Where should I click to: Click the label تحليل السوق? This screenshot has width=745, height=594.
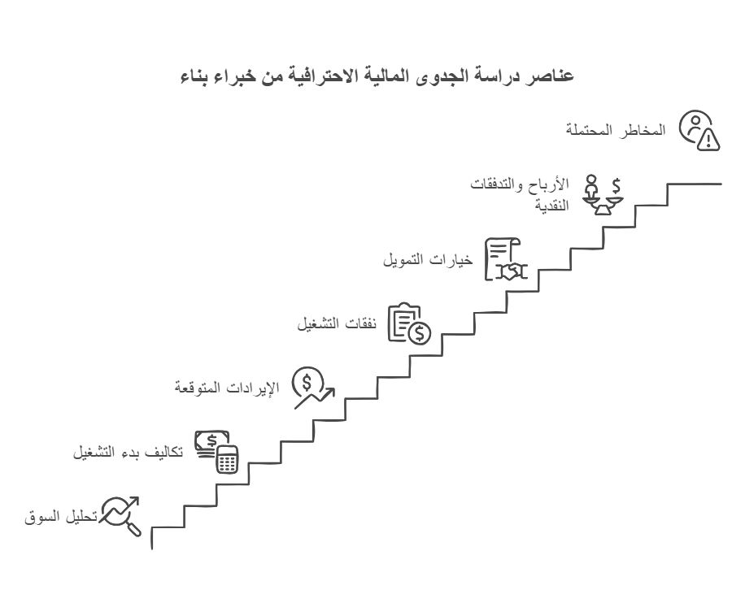[61, 517]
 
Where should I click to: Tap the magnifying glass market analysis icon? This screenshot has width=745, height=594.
[120, 516]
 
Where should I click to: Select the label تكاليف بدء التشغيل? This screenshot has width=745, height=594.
[128, 452]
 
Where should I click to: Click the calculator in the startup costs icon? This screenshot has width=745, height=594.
[227, 460]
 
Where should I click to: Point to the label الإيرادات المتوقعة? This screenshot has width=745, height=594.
[227, 388]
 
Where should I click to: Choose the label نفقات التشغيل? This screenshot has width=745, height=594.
[337, 324]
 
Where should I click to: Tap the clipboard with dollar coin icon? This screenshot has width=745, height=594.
[409, 324]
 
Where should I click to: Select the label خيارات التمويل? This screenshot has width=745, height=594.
[428, 260]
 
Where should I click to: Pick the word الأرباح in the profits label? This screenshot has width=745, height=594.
[553, 184]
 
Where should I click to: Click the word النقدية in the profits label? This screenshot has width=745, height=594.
[551, 205]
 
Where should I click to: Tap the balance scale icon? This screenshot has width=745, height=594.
[603, 195]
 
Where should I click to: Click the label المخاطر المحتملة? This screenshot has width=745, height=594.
[616, 130]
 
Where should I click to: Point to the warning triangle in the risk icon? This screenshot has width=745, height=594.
[708, 139]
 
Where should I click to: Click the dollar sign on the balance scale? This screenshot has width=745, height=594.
[616, 185]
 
